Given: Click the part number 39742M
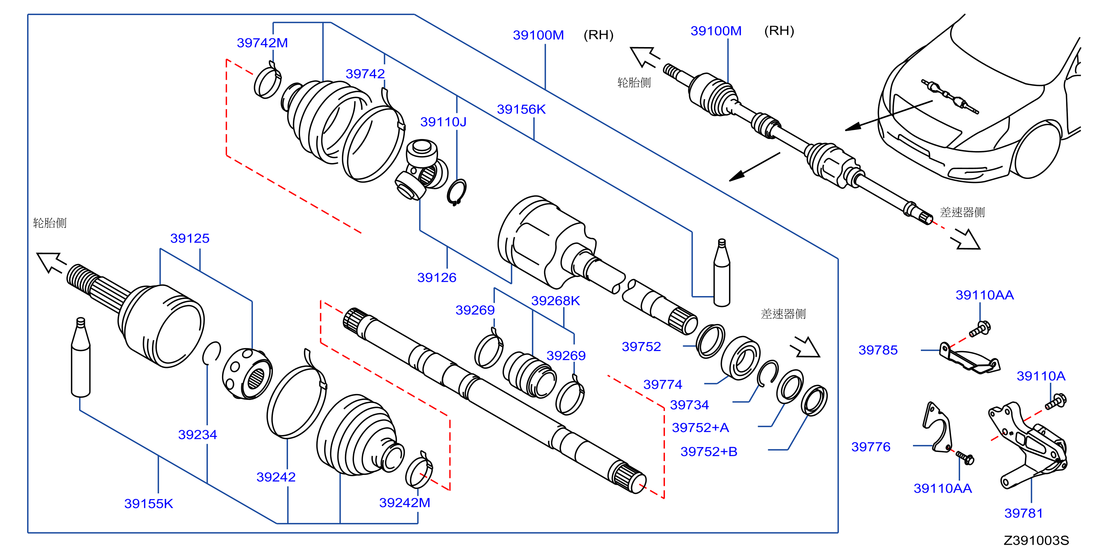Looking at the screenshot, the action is pos(262,43).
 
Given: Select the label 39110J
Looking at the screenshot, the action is pos(443,122).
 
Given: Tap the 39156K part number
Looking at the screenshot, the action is pos(521,109).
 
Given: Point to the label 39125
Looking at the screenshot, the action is pos(190,238).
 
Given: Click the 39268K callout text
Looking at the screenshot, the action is pos(555,301).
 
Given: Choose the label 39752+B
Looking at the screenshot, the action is pos(708,452).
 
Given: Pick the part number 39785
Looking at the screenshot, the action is pos(878,350).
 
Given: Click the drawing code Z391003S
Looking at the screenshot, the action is pos(1036,540).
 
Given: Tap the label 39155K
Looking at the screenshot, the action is pos(149,503).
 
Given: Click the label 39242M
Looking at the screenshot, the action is pos(404,502).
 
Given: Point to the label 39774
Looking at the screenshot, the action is pos(663,384).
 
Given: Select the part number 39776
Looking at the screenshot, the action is pos(870,446).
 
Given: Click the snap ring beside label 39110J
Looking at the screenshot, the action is pos(456,192).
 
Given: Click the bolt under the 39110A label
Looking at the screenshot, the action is pos(1055,401).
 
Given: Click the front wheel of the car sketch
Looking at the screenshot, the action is pos(1036,149).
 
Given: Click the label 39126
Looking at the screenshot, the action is pos(437,277).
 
